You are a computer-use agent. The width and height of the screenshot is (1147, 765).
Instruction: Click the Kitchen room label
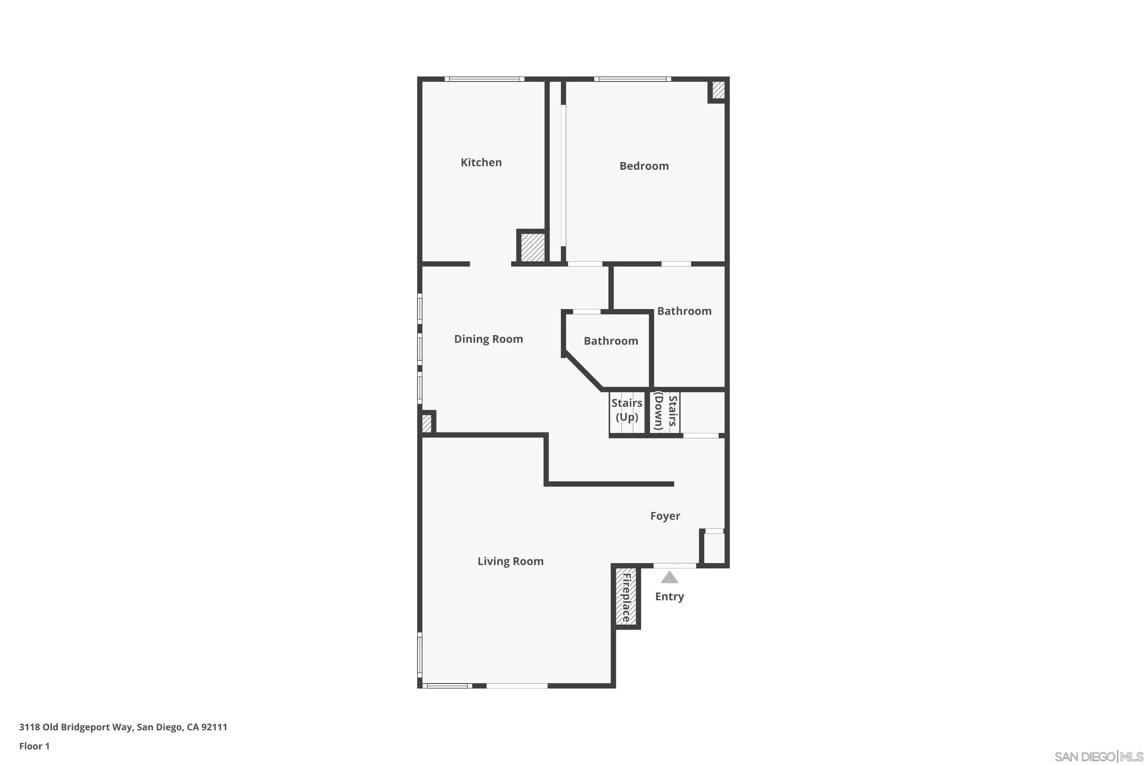[x=481, y=163]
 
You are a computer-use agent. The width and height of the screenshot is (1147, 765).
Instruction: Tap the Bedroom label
[x=644, y=166]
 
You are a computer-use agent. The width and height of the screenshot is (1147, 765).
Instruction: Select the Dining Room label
[x=488, y=339]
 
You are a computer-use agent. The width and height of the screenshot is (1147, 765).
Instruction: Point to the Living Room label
[x=510, y=561]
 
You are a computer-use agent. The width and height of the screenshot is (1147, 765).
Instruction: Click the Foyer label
[x=665, y=516]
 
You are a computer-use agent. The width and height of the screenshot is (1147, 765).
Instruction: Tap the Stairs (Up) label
[x=627, y=410]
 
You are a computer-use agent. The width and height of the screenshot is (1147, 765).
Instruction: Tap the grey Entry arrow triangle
[x=669, y=578]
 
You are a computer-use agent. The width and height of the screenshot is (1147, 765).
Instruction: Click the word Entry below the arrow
[x=669, y=596]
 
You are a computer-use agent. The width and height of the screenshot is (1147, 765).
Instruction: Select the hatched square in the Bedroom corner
[x=718, y=90]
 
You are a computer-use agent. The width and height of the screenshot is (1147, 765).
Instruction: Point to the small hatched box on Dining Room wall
[x=426, y=423]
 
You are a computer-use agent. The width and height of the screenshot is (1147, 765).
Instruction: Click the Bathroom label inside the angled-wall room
[x=611, y=341]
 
